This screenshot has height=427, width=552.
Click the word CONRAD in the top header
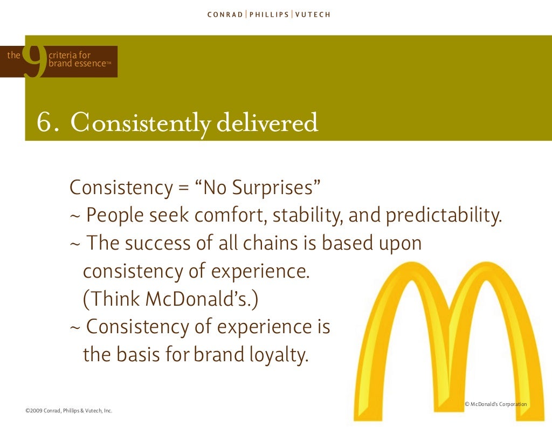pyautogui.click(x=225, y=15)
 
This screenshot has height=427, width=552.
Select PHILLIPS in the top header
pyautogui.click(x=268, y=15)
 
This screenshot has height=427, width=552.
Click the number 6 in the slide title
pyautogui.click(x=45, y=123)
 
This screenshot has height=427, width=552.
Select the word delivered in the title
pyautogui.click(x=267, y=123)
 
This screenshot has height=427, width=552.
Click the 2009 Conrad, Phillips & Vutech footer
pyautogui.click(x=68, y=411)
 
